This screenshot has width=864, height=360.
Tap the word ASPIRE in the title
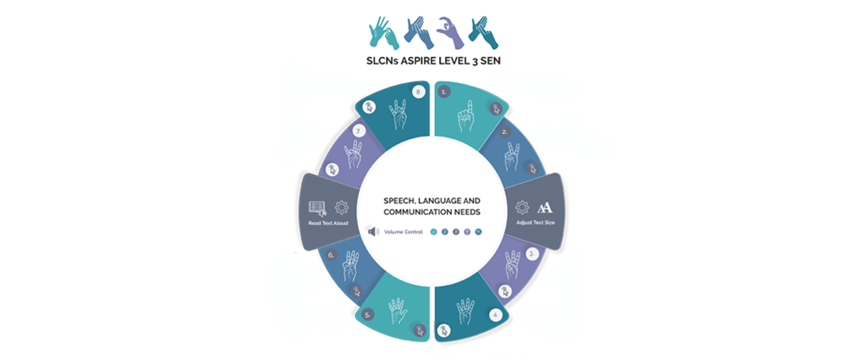pos(427,61)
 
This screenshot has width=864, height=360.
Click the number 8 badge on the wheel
pos(418,91)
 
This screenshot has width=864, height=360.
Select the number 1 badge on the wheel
pos(445,91)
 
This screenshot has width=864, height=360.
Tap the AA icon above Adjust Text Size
pos(544,208)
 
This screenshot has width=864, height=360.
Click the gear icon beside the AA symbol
pos(523,208)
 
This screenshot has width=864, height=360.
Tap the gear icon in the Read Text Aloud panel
pos(341,207)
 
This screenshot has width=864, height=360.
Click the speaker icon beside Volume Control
pos(373,232)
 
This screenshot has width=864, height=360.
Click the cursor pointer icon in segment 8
pos(369,107)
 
